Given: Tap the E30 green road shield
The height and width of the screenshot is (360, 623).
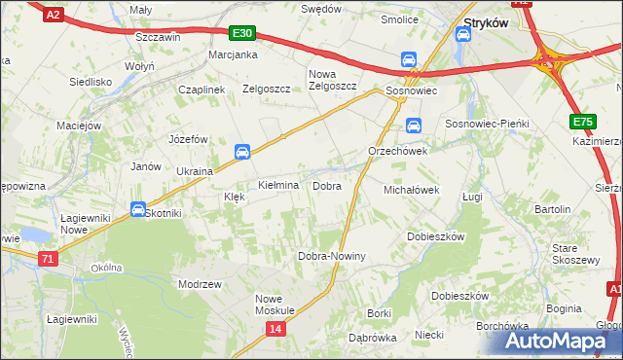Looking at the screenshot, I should [242, 33].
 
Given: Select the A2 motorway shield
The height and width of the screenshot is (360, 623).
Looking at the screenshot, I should [54, 14].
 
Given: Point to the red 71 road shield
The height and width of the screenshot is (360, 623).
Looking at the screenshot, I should [48, 259].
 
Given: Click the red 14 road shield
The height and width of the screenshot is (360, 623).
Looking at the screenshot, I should [276, 331].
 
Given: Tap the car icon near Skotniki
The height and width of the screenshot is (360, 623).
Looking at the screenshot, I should [138, 209].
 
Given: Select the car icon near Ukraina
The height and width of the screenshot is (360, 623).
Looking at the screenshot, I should [242, 151].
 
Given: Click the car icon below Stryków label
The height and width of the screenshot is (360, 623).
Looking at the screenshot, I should [463, 36].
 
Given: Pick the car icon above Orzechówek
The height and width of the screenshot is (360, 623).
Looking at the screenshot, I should [413, 126].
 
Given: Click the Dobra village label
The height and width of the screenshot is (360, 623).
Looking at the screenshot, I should [326, 185].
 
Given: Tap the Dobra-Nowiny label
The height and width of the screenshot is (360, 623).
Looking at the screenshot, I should [331, 256].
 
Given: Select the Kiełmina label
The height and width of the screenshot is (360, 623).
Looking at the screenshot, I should [277, 185].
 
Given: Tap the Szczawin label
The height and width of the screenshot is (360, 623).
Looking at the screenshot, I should [159, 36].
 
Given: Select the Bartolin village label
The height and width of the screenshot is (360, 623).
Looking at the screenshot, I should [552, 209].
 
